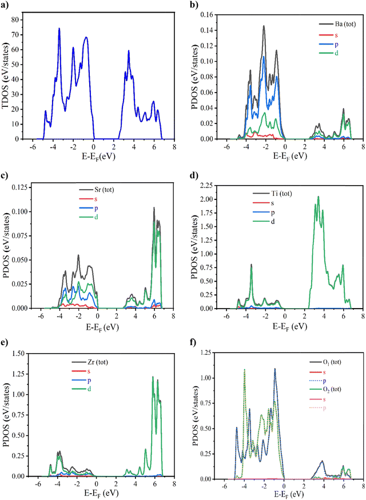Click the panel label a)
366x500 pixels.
coord(7,5)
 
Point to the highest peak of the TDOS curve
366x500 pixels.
coord(59,29)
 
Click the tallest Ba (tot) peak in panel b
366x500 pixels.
coord(264,26)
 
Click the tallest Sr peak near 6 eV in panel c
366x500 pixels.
coord(154,207)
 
